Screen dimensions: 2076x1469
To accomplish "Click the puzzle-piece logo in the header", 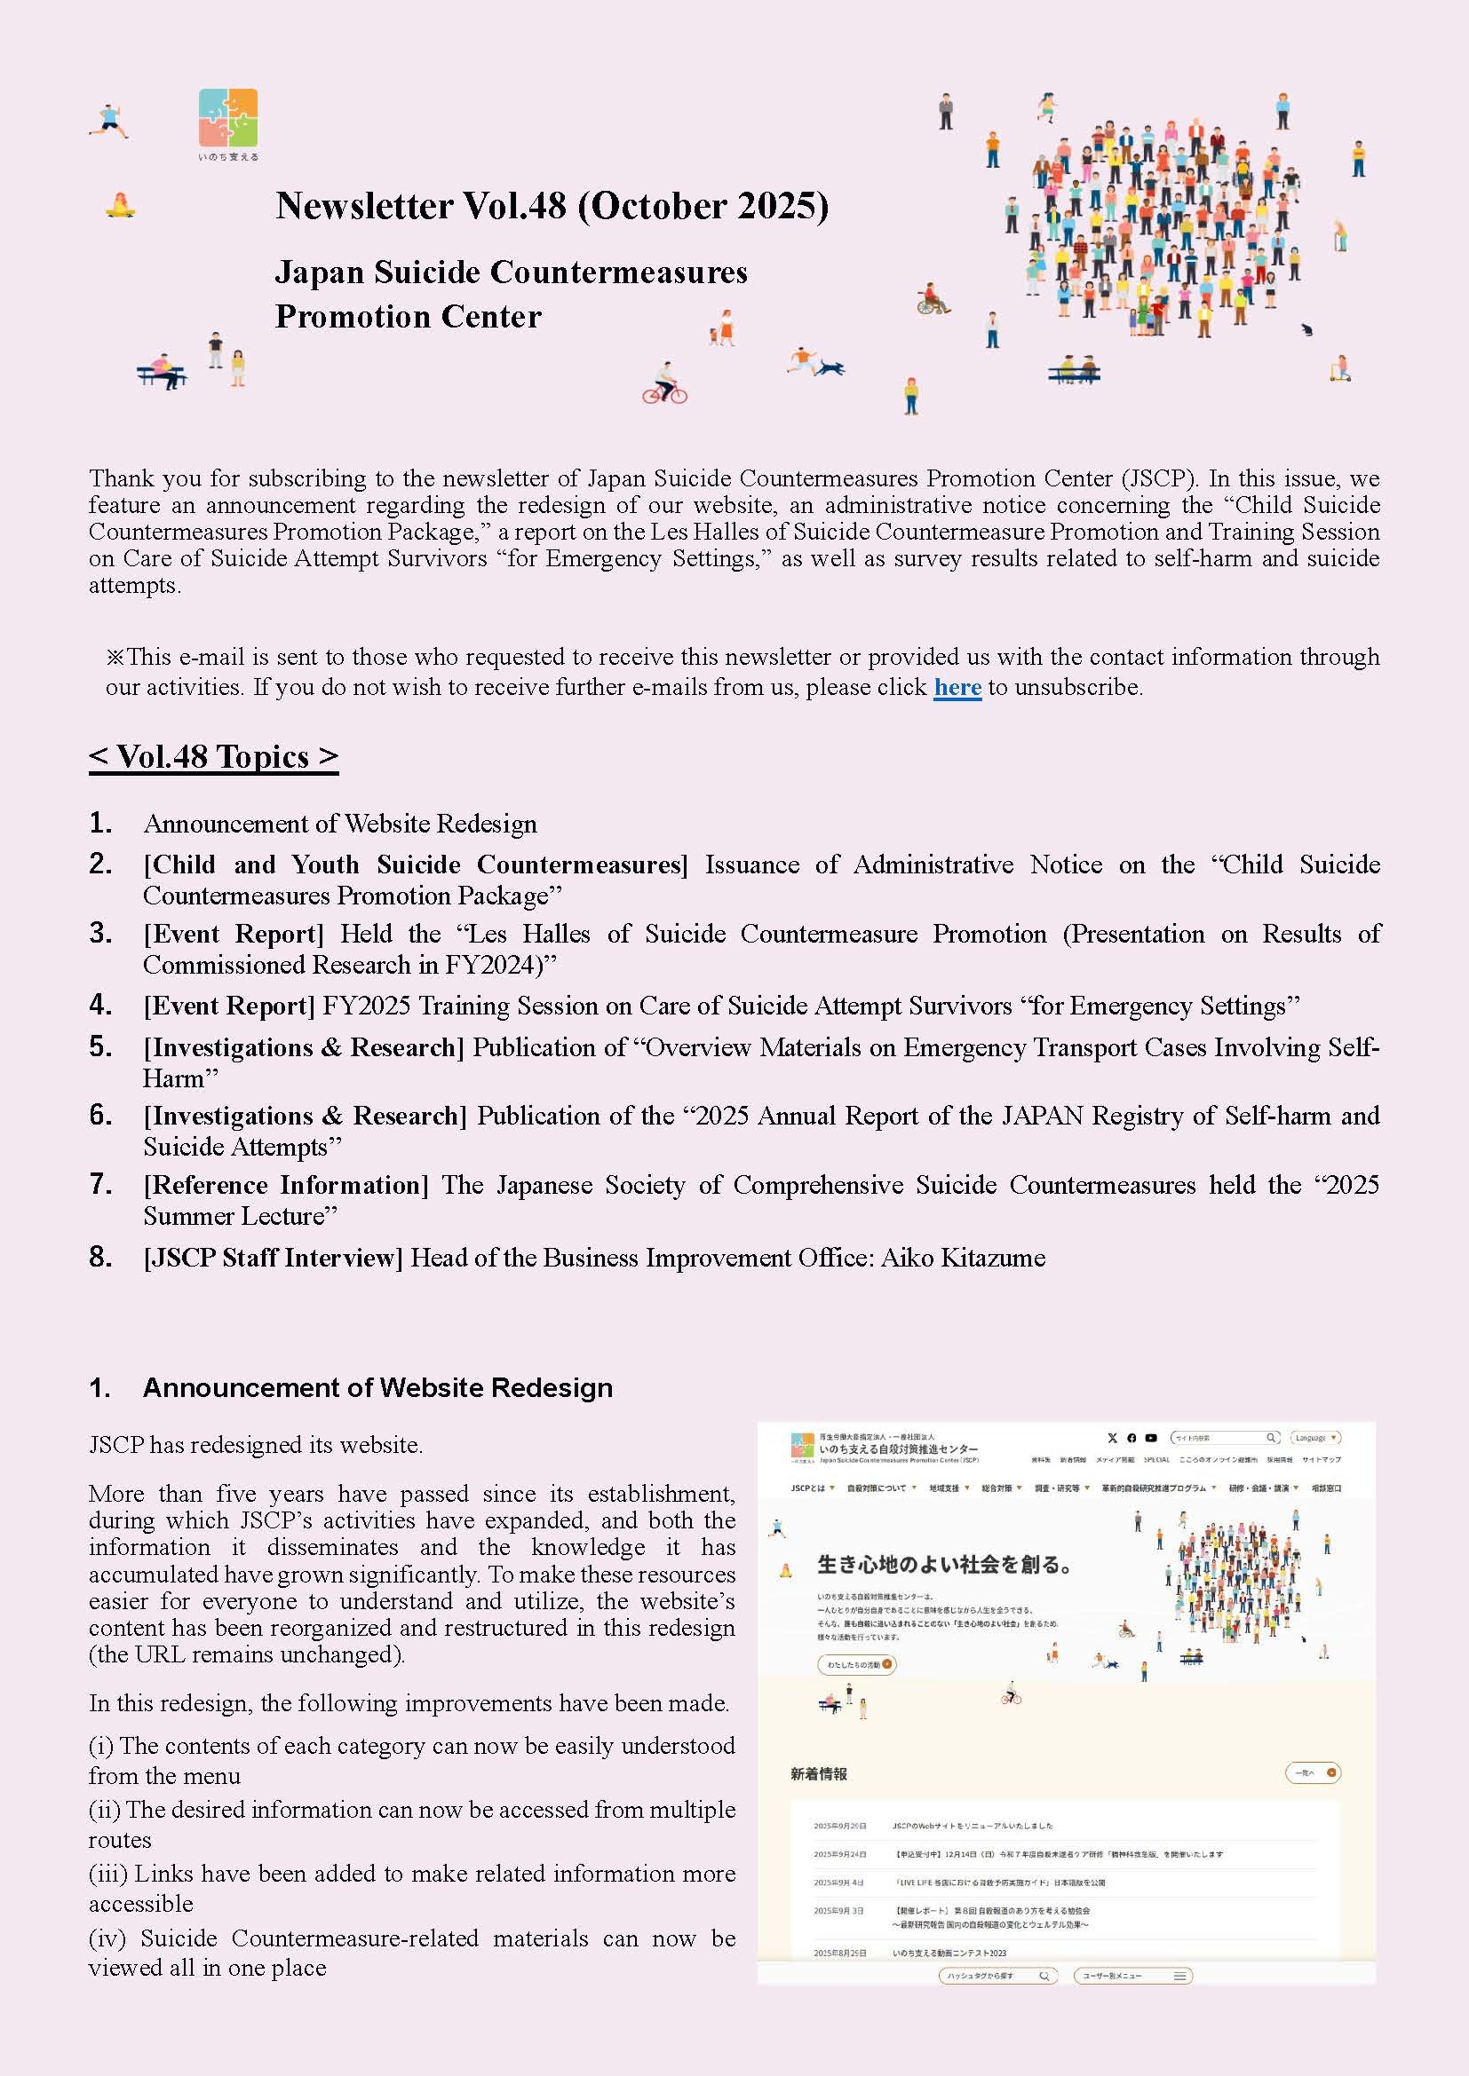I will click(228, 117).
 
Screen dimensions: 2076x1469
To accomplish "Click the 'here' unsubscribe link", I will click(957, 688).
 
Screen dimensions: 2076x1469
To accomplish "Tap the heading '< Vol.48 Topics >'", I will click(213, 757).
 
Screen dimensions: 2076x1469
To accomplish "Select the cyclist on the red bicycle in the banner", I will click(665, 383).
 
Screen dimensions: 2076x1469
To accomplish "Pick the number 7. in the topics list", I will click(100, 1184).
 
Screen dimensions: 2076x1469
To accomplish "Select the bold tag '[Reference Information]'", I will click(286, 1186).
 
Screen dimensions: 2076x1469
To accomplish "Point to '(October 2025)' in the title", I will click(703, 206).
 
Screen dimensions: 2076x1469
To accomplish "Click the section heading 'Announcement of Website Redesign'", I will click(377, 1388).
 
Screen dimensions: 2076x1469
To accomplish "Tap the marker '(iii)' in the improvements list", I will click(107, 1874).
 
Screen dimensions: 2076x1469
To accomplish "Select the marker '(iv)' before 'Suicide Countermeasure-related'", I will click(107, 1938).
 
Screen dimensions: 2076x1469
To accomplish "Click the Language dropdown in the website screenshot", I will click(1314, 1438).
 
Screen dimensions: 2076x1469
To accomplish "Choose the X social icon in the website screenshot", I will click(1112, 1438).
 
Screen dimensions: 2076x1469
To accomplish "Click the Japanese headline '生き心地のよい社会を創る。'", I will click(944, 1564).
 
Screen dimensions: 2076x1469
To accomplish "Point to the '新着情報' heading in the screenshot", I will click(819, 1774).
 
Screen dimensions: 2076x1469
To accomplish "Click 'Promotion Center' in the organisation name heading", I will click(408, 318).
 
